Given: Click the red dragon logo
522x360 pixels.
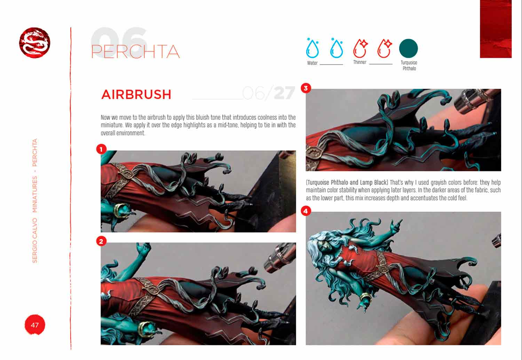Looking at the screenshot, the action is [x=34, y=43].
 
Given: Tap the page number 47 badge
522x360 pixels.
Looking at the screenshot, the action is [x=35, y=325].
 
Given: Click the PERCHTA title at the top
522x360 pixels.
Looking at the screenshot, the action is [x=135, y=51].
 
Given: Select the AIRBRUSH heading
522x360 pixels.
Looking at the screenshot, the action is [x=136, y=94].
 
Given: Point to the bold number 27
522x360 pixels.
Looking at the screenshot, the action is [x=285, y=93].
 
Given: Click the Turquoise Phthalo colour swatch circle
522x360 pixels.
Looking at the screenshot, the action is [x=408, y=48].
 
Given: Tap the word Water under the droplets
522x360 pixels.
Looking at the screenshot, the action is [x=312, y=63].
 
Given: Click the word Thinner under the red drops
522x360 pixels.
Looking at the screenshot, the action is [x=359, y=62].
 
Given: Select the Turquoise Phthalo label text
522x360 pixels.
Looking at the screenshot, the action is [x=409, y=65].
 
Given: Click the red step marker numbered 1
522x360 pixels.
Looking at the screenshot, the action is [x=101, y=149].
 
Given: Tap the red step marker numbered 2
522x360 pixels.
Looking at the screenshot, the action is [x=101, y=241].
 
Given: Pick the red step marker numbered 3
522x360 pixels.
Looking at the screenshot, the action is [x=306, y=88].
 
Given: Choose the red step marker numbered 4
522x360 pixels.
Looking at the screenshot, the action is [x=306, y=211].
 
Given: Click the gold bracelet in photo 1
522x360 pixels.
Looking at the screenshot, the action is [x=120, y=210].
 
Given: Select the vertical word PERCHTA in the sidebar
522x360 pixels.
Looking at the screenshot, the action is [x=35, y=153].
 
